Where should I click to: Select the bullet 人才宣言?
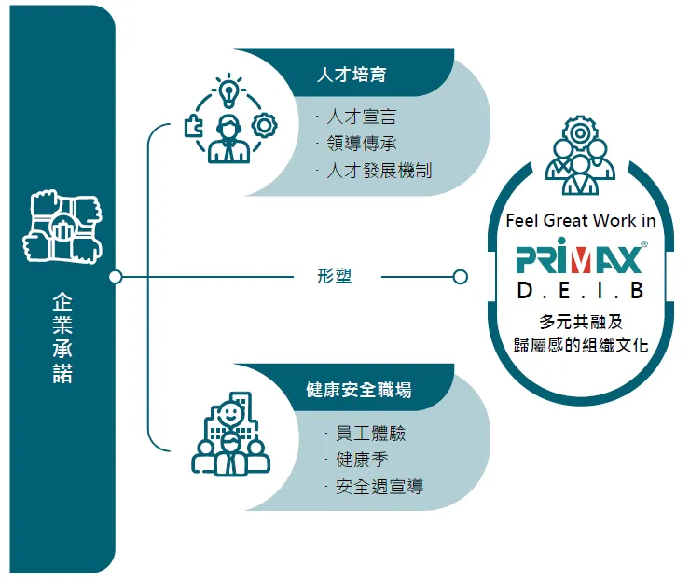(x=361, y=117)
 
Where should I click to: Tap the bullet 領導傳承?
(x=361, y=144)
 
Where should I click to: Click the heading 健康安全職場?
(x=358, y=389)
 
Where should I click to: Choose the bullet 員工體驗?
(x=370, y=434)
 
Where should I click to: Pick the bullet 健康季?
(x=362, y=460)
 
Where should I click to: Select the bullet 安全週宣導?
(x=379, y=487)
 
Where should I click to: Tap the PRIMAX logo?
(x=580, y=256)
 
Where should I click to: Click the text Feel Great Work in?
(x=581, y=221)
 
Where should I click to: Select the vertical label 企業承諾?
(x=62, y=338)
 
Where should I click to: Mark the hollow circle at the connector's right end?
(x=460, y=277)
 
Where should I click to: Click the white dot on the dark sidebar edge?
(x=116, y=277)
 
